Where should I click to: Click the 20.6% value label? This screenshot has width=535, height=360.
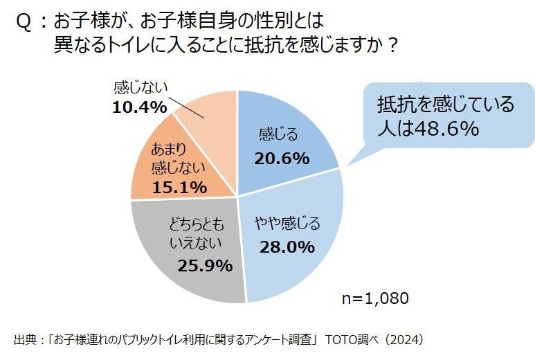click(x=281, y=159)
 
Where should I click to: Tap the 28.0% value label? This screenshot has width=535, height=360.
click(x=287, y=246)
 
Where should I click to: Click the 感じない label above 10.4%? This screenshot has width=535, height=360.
click(x=140, y=88)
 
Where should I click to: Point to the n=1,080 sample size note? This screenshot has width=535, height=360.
click(x=377, y=298)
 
